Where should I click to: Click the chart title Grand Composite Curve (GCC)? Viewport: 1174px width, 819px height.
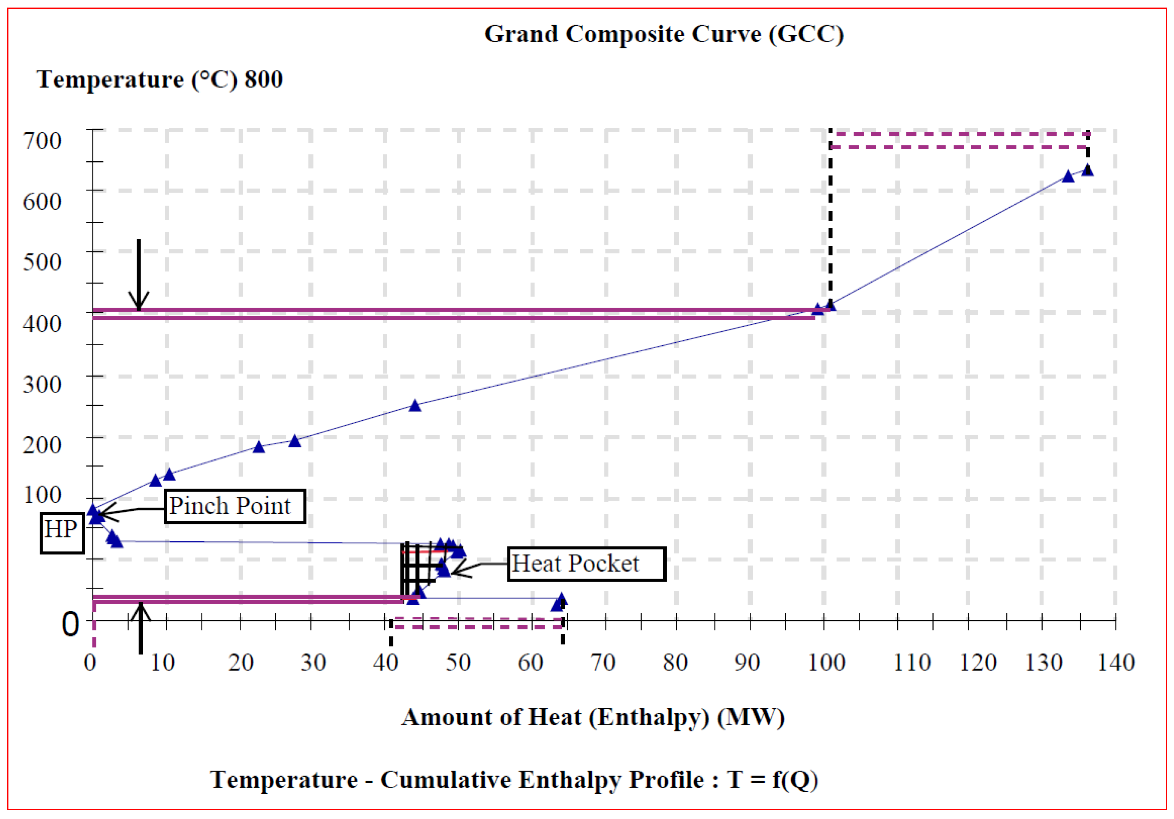pyautogui.click(x=664, y=34)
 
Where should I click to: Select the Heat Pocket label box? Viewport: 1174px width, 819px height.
pyautogui.click(x=587, y=564)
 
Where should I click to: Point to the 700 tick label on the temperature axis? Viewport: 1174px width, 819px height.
pyautogui.click(x=42, y=140)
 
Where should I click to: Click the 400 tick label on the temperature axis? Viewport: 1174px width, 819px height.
pyautogui.click(x=42, y=323)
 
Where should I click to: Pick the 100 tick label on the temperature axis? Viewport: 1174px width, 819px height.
pyautogui.click(x=42, y=494)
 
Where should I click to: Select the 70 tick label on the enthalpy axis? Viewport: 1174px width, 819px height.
pyautogui.click(x=603, y=663)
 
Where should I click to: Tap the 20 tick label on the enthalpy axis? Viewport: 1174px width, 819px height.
pyautogui.click(x=240, y=663)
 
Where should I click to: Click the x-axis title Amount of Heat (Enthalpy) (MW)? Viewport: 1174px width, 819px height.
pyautogui.click(x=593, y=717)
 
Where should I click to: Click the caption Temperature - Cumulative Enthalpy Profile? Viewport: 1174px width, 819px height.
pyautogui.click(x=514, y=780)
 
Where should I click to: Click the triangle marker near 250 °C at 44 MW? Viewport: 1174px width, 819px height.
pyautogui.click(x=415, y=406)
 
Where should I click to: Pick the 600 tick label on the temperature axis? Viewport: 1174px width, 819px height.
pyautogui.click(x=42, y=201)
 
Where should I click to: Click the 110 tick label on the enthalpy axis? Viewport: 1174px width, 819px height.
pyautogui.click(x=912, y=663)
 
